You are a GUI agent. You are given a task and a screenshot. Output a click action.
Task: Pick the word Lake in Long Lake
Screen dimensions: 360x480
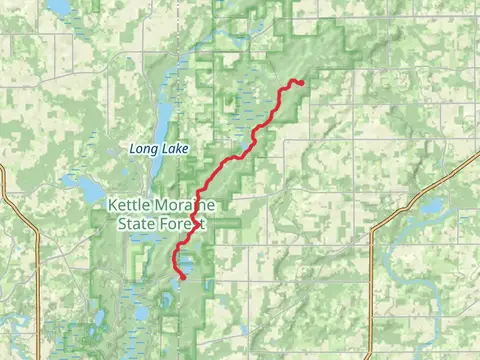[173, 149]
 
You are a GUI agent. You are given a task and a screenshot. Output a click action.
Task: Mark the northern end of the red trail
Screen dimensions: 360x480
[301, 82]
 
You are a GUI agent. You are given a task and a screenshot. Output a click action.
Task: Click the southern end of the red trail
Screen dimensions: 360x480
[181, 277]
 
